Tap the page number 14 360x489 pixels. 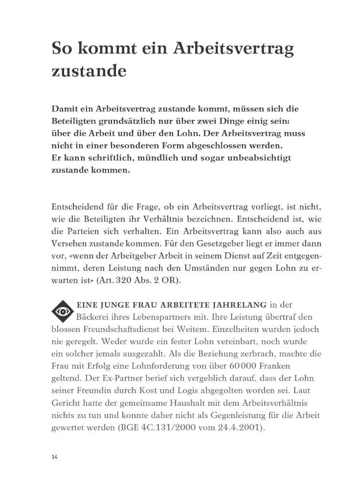tap(54, 457)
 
